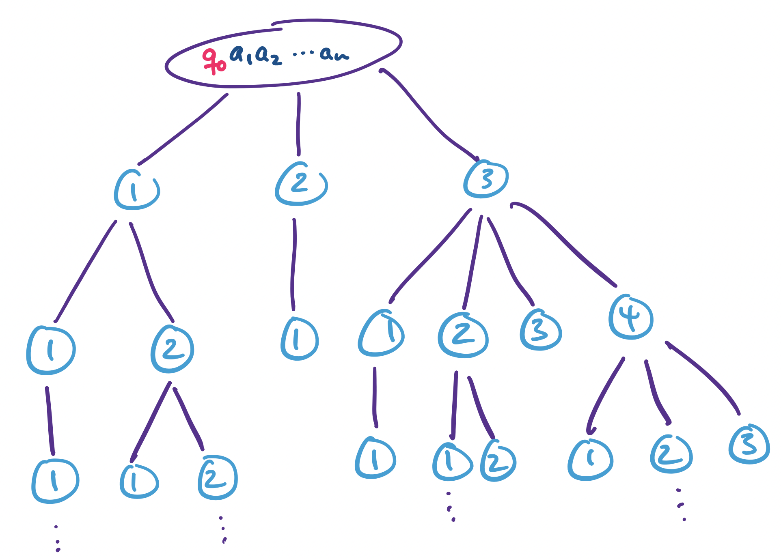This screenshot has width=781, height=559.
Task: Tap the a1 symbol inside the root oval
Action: click(x=241, y=54)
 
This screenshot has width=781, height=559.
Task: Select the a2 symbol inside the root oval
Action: click(x=268, y=56)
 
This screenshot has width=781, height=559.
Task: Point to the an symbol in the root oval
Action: click(x=334, y=54)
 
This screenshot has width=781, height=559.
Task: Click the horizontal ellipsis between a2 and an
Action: click(x=303, y=53)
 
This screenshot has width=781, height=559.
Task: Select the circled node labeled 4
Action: click(x=630, y=317)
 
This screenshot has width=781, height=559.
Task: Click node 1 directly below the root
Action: click(x=136, y=190)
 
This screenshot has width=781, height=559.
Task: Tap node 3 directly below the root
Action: click(x=485, y=179)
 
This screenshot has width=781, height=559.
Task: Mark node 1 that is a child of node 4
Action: click(x=590, y=459)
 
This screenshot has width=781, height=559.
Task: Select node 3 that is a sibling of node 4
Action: click(x=540, y=329)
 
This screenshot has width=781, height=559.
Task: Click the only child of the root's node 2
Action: click(x=299, y=339)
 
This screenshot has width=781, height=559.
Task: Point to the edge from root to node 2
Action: click(x=298, y=124)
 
